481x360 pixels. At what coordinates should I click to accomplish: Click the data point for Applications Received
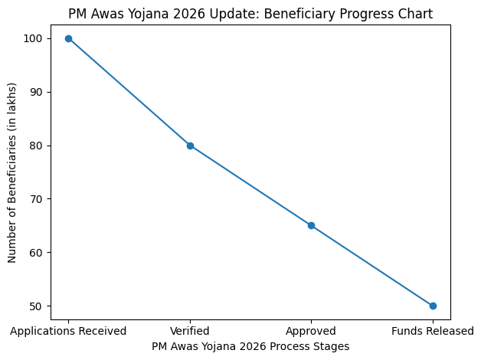coord(68,38)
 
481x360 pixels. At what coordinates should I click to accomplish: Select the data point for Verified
coord(190,146)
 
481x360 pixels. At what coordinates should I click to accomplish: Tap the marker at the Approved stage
coord(311,225)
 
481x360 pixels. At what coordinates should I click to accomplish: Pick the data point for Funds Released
coord(433,306)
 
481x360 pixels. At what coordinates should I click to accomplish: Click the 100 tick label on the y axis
coord(36,38)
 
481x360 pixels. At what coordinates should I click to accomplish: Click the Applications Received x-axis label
coord(68,331)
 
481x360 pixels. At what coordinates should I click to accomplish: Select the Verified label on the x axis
coord(190,331)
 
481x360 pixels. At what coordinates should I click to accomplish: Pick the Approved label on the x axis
coord(311,331)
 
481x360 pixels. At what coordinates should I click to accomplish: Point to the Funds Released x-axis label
coord(433,331)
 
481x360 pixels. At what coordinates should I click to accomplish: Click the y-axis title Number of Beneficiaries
coord(12,172)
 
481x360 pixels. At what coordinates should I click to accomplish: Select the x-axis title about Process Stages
coord(250,346)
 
